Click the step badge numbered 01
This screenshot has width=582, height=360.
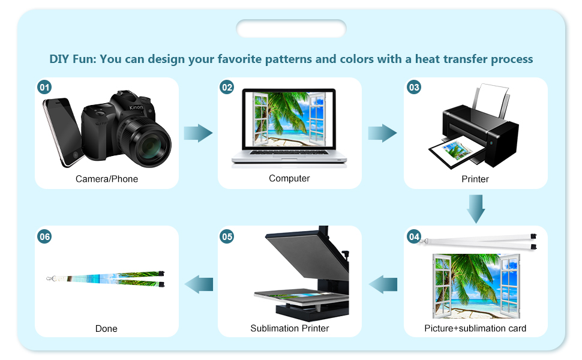(44, 88)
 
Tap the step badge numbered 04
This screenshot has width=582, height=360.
(414, 236)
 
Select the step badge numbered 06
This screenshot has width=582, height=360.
(44, 236)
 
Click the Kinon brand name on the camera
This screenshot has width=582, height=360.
(136, 107)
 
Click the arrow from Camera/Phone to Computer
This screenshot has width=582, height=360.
(198, 133)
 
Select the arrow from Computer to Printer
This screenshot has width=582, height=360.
(382, 133)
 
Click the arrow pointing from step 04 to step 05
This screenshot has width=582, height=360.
(383, 284)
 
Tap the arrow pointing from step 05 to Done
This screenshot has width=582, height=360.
(199, 284)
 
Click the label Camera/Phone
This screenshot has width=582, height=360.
(107, 179)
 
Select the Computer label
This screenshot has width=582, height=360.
(289, 178)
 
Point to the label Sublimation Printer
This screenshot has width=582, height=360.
(290, 328)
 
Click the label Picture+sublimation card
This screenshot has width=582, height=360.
(475, 328)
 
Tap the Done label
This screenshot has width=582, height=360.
(106, 329)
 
